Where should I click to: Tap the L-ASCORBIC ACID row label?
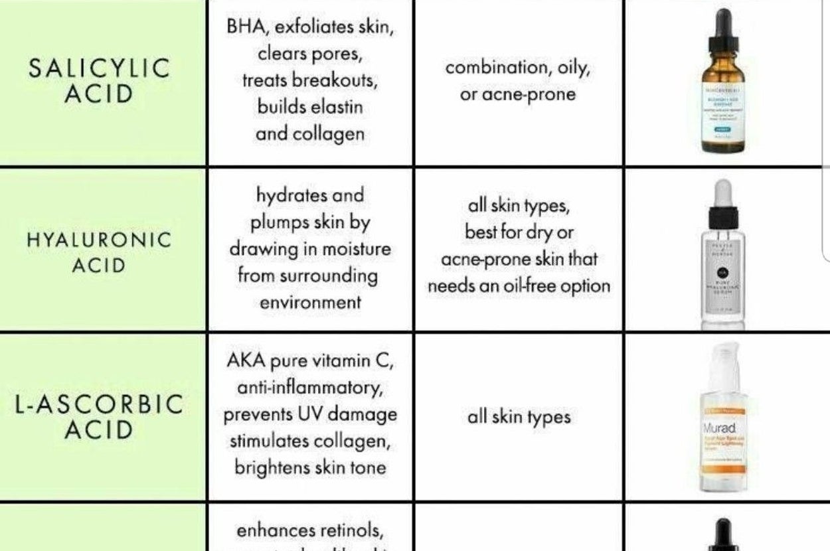coord(98,417)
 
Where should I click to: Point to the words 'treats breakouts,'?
coord(309,80)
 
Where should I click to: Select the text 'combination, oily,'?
coord(517,67)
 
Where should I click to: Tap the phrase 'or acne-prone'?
coord(517,94)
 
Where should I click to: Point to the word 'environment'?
coord(309,303)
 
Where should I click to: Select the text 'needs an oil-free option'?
coord(519,286)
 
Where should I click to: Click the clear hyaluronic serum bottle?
coord(723,266)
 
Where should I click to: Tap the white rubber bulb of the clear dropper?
coord(723,193)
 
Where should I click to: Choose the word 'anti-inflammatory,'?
coord(309,387)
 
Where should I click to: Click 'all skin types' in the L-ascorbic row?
coord(519,417)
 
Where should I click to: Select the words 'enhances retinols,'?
coord(309,531)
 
